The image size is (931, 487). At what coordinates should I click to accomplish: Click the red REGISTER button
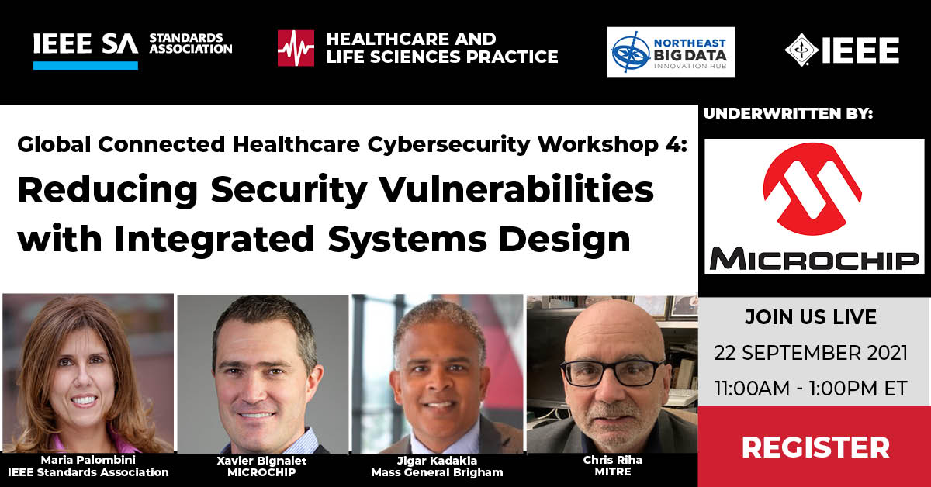815,447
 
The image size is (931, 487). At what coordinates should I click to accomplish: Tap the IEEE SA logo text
85,46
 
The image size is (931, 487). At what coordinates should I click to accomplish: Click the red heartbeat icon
296,48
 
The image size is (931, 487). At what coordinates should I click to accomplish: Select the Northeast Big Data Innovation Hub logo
670,52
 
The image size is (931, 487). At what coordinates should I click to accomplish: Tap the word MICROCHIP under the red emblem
814,258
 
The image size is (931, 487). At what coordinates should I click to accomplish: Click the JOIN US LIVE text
811,317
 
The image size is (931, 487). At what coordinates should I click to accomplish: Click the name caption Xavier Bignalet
262,460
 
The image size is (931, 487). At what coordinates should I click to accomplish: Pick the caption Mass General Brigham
437,471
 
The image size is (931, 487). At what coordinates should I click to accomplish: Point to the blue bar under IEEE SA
85,65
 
